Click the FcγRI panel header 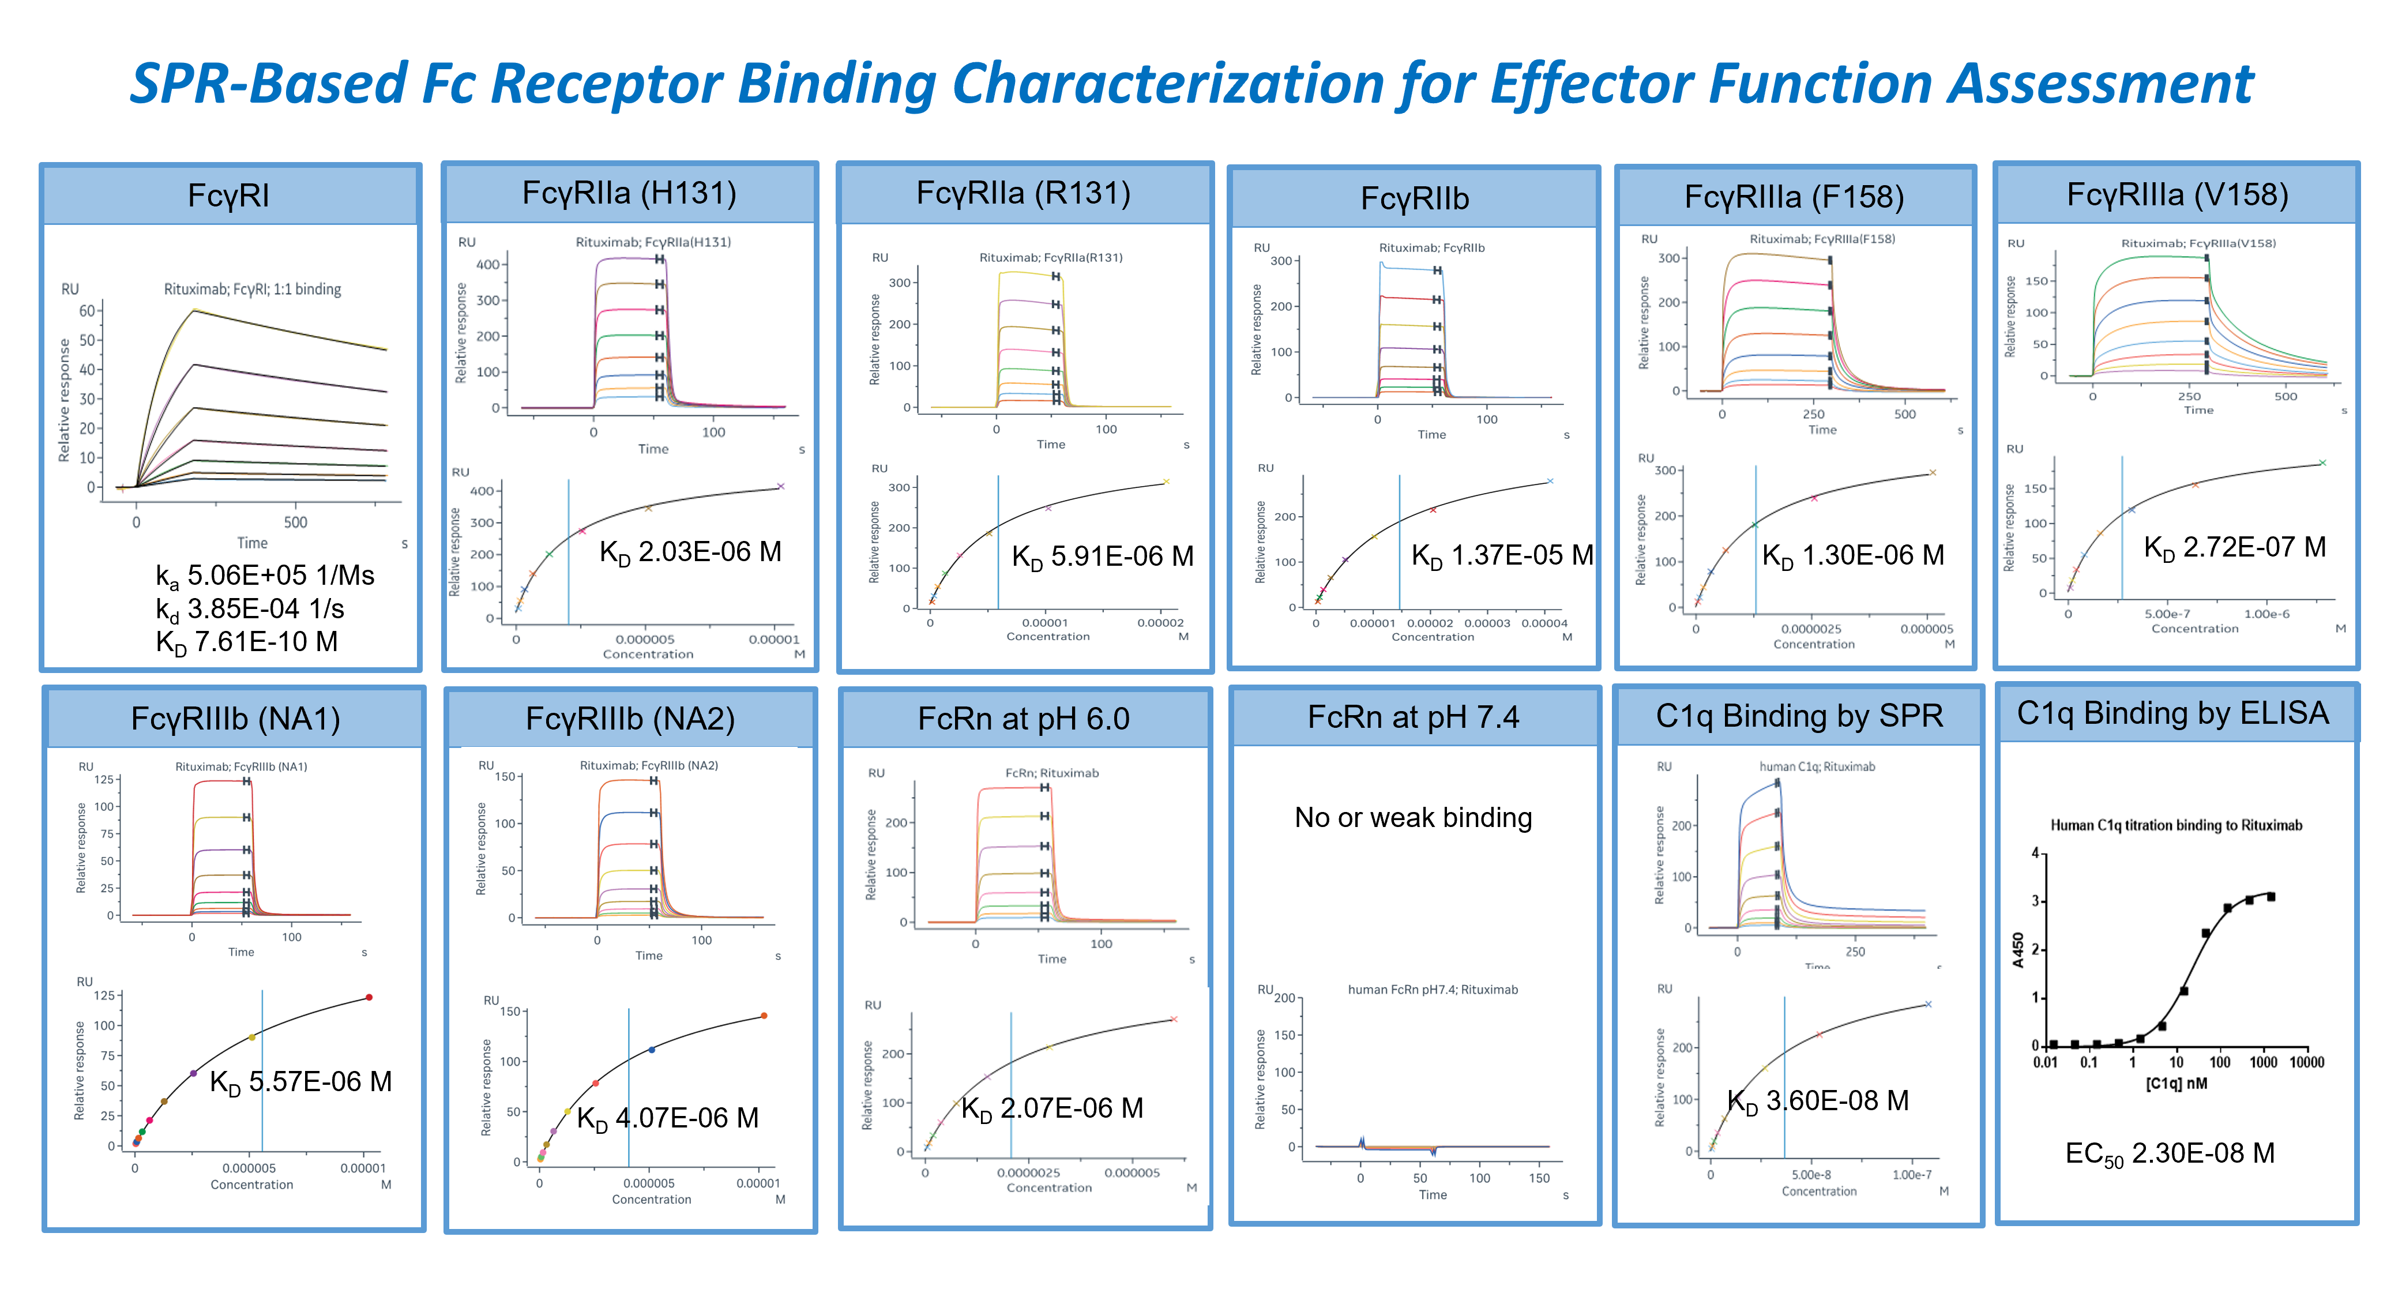point(228,196)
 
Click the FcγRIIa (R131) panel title point(1023,193)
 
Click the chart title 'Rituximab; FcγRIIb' point(1431,248)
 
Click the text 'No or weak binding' point(1413,818)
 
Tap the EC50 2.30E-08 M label point(2170,1154)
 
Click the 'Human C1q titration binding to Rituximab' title point(2175,825)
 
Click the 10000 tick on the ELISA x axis point(2306,1063)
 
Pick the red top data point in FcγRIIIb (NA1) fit point(369,998)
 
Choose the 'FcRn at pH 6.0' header point(1023,719)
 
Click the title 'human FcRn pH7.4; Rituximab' point(1432,990)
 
